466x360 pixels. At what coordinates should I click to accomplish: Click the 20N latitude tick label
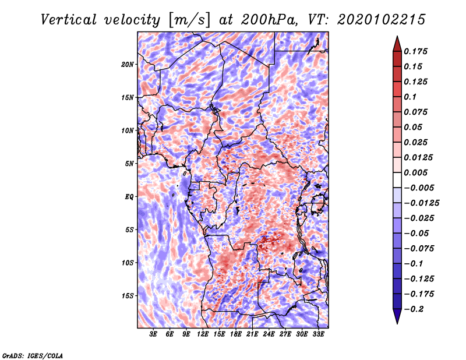(128, 65)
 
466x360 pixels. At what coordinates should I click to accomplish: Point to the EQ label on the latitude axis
(129, 197)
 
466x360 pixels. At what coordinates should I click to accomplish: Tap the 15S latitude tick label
(128, 296)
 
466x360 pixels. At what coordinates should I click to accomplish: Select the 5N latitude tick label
(129, 164)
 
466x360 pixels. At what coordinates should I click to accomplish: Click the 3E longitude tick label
(153, 334)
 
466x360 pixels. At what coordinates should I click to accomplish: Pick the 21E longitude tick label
(252, 334)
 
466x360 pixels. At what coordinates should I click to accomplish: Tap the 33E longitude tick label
(318, 334)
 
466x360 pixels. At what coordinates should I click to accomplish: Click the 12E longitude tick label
(202, 334)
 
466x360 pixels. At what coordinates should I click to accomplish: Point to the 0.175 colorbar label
(415, 51)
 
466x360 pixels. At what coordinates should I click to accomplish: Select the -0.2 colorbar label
(414, 309)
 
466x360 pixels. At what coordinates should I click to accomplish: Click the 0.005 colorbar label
(415, 172)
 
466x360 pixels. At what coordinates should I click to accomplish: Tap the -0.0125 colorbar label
(421, 203)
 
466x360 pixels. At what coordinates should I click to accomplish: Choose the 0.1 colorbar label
(410, 97)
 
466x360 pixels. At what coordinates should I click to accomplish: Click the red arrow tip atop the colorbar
(397, 37)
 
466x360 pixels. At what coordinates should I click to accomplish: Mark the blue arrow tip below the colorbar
(397, 323)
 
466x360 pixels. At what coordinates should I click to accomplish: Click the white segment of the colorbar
(397, 180)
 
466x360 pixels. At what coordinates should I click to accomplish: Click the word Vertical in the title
(69, 20)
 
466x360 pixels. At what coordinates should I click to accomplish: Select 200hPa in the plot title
(269, 20)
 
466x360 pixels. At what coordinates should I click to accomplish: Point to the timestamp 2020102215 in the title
(382, 20)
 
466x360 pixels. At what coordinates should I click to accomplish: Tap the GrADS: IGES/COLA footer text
(33, 355)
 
